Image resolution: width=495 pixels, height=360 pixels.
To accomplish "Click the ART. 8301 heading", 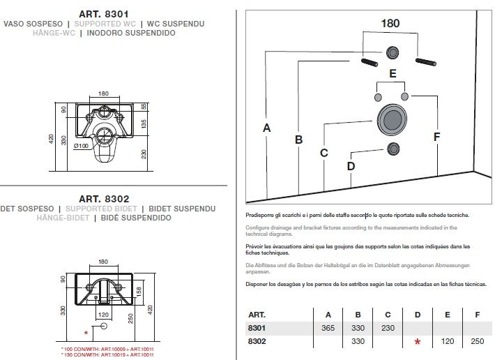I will coord(104,13).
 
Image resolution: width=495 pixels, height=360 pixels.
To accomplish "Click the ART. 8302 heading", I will coord(104,199).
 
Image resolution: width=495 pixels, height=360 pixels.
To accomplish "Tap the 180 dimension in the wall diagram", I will coord(390,23).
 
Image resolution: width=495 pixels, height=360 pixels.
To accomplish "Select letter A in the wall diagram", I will coord(266,128).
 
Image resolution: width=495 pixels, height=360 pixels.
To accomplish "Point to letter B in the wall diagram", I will coord(298,140).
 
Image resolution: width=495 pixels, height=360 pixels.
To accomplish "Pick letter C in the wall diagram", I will coord(323,153).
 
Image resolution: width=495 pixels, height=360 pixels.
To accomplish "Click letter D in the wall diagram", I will coord(351,166).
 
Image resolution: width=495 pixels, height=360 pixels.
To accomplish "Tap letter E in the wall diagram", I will coord(393,73).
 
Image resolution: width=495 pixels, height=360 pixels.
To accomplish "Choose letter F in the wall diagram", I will coord(436,137).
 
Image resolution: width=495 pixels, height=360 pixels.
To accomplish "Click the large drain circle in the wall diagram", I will coord(390,119).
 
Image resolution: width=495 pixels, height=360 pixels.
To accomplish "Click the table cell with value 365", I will coord(328,328).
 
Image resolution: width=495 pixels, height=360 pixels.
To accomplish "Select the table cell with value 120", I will coord(448,341).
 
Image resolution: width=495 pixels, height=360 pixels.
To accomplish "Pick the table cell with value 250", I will coord(478,341).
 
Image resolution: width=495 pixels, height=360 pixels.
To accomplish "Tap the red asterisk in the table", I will coord(418,342).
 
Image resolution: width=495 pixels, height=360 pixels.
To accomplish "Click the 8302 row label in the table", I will coord(257,341).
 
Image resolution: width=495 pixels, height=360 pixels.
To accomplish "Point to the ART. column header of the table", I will coord(257,315).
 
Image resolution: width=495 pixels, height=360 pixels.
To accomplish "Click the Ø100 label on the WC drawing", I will coord(81,146).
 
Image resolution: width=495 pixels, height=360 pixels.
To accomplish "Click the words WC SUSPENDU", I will coord(175,24).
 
